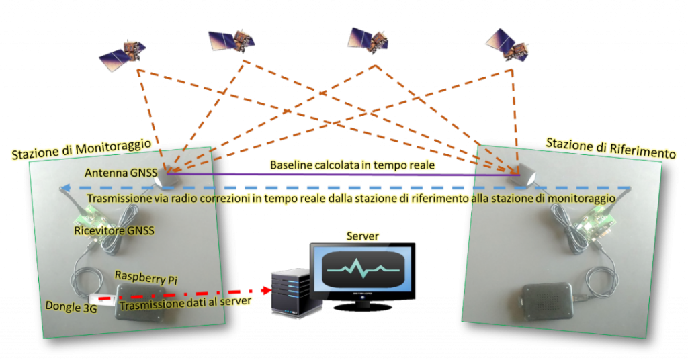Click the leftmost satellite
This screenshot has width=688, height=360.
pyautogui.click(x=122, y=56)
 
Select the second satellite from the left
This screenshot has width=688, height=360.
pyautogui.click(x=232, y=41)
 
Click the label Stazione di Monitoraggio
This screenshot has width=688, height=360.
pyautogui.click(x=81, y=149)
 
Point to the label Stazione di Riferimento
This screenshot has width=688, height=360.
pyautogui.click(x=610, y=148)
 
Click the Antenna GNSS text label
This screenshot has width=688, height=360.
pyautogui.click(x=121, y=173)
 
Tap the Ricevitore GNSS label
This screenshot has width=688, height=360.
pyautogui.click(x=114, y=230)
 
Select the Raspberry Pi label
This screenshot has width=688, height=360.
pyautogui.click(x=146, y=278)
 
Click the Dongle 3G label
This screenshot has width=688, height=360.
pyautogui.click(x=71, y=306)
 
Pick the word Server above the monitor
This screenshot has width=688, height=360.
pyautogui.click(x=362, y=236)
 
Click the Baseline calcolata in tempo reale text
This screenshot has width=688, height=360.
pyautogui.click(x=352, y=165)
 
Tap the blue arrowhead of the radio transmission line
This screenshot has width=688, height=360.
pyautogui.click(x=65, y=189)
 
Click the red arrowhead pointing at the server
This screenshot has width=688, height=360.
pyautogui.click(x=266, y=290)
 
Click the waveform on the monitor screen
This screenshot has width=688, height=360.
pyautogui.click(x=362, y=269)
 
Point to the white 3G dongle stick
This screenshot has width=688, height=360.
pyautogui.click(x=100, y=298)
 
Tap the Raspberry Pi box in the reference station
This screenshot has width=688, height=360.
pyautogui.click(x=547, y=302)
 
